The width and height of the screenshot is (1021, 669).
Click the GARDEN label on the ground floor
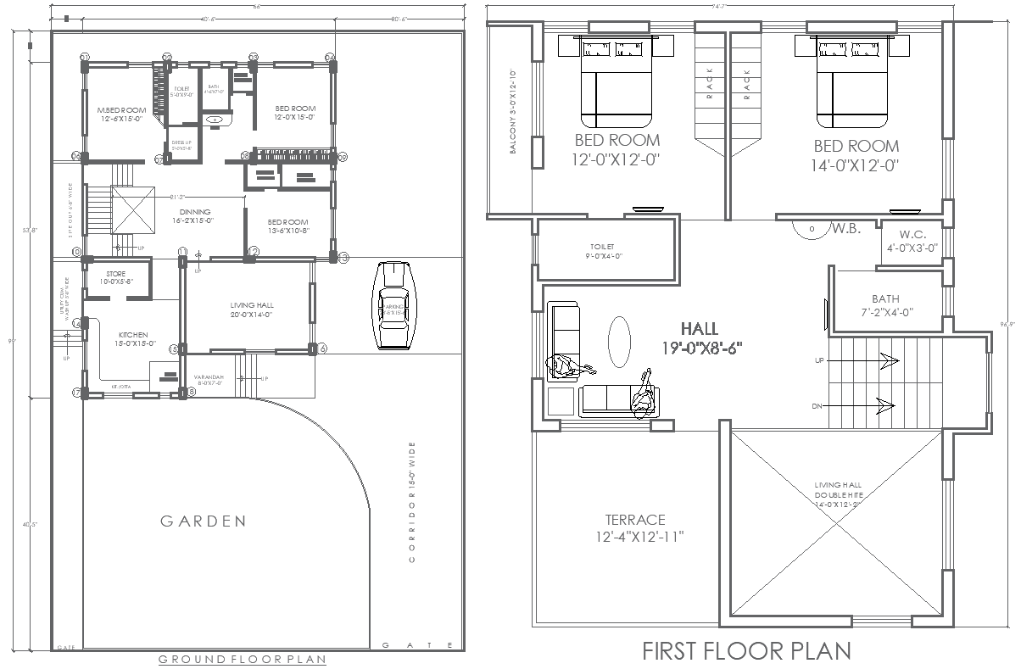coord(204,521)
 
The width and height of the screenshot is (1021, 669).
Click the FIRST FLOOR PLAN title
coord(746,651)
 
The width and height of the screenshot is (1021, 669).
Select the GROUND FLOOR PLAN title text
coord(243,658)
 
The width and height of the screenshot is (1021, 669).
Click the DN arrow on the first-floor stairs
coord(882,406)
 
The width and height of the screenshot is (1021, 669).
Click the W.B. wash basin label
coord(845,227)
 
